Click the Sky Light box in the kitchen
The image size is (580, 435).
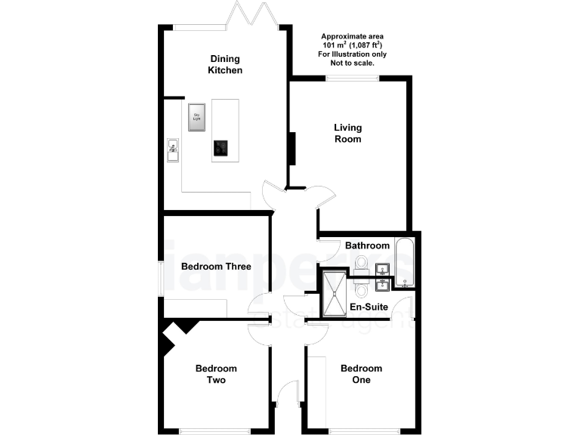[197, 116]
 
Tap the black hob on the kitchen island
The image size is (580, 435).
[221, 148]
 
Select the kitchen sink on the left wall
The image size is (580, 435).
[173, 147]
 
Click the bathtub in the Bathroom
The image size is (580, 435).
[404, 264]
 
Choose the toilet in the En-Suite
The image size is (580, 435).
[361, 290]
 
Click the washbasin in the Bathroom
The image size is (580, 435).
[382, 270]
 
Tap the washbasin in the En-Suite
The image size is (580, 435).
[382, 285]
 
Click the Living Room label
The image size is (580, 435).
[348, 133]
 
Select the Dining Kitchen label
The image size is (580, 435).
[225, 64]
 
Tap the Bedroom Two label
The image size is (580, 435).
[216, 374]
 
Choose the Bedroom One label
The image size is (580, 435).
[361, 374]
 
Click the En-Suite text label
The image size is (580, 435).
[369, 307]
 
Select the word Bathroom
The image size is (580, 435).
[367, 245]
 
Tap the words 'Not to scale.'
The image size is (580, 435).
[352, 63]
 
